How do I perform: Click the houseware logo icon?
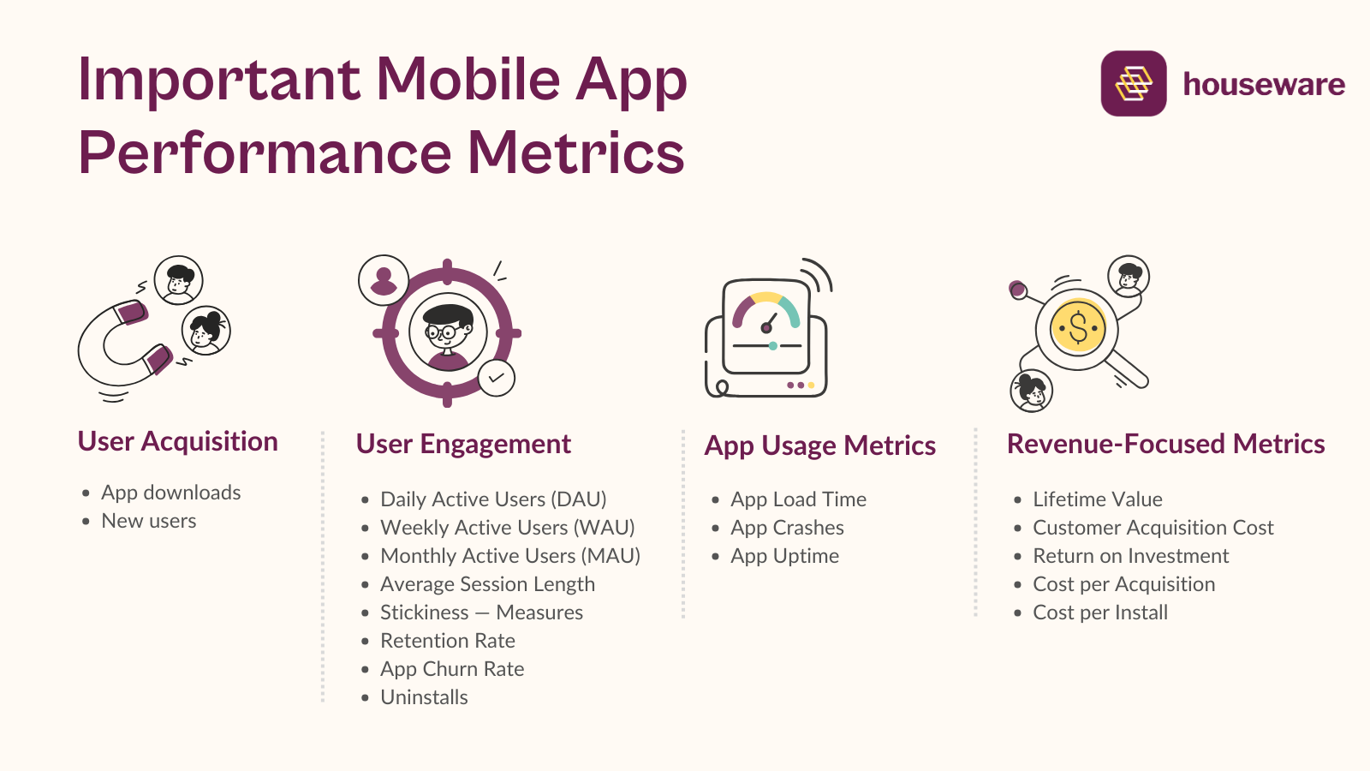point(1133,83)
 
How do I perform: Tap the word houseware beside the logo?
point(1263,84)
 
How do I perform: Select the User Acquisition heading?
point(177,441)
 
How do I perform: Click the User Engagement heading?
point(463,444)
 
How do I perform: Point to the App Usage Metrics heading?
point(819,445)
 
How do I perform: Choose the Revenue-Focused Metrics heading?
point(1165,444)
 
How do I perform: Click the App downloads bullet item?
point(170,493)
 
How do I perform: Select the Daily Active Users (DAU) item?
point(493,499)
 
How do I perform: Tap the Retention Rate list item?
point(447,641)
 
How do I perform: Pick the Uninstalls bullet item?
point(424,697)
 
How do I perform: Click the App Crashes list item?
point(787,528)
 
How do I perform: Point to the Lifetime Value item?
point(1097,499)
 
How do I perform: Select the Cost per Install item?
point(1099,613)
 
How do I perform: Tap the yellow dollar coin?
point(1078,327)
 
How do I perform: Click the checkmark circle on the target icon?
point(497,378)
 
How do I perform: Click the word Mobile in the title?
point(468,80)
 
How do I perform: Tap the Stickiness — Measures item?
point(481,613)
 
